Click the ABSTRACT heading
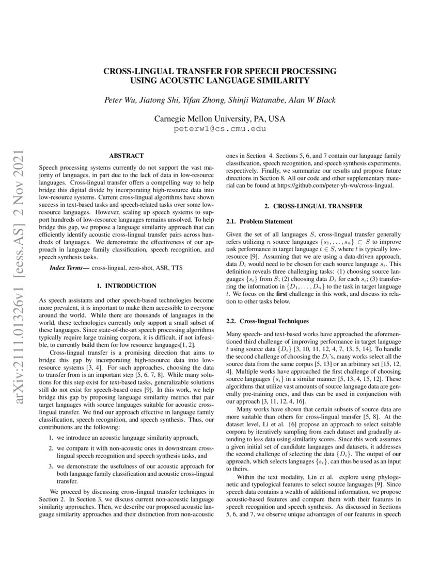click(126, 155)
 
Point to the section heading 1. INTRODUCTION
click(126, 285)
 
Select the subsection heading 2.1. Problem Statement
click(252, 221)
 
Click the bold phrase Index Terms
click(69, 269)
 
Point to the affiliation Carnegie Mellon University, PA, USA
click(219, 119)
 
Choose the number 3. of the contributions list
click(52, 466)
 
